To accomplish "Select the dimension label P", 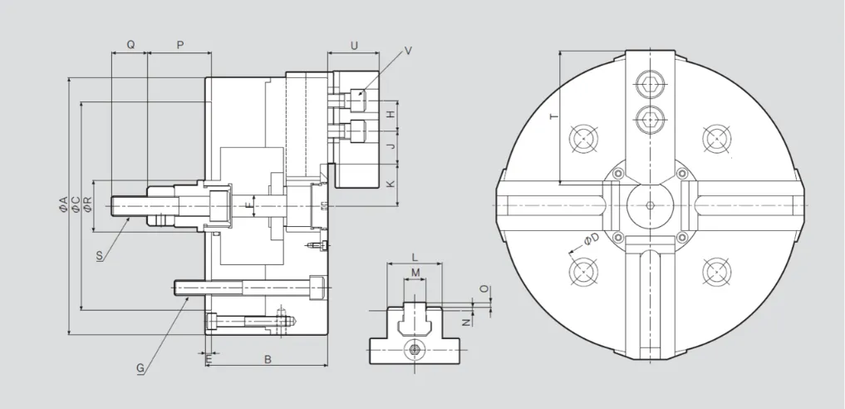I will click(x=179, y=44).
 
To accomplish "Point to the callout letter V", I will click(x=408, y=51).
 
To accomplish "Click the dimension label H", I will click(x=390, y=115).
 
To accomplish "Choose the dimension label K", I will click(x=390, y=185).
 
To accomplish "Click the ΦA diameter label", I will click(x=63, y=204).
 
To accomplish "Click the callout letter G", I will click(x=140, y=367).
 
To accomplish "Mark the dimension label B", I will click(x=268, y=360).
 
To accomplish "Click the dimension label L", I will click(x=415, y=259).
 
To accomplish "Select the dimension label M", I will click(x=415, y=273).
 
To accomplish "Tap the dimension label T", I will click(x=554, y=117).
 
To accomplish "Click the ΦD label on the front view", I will click(x=591, y=240).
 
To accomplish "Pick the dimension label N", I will click(x=467, y=321).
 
